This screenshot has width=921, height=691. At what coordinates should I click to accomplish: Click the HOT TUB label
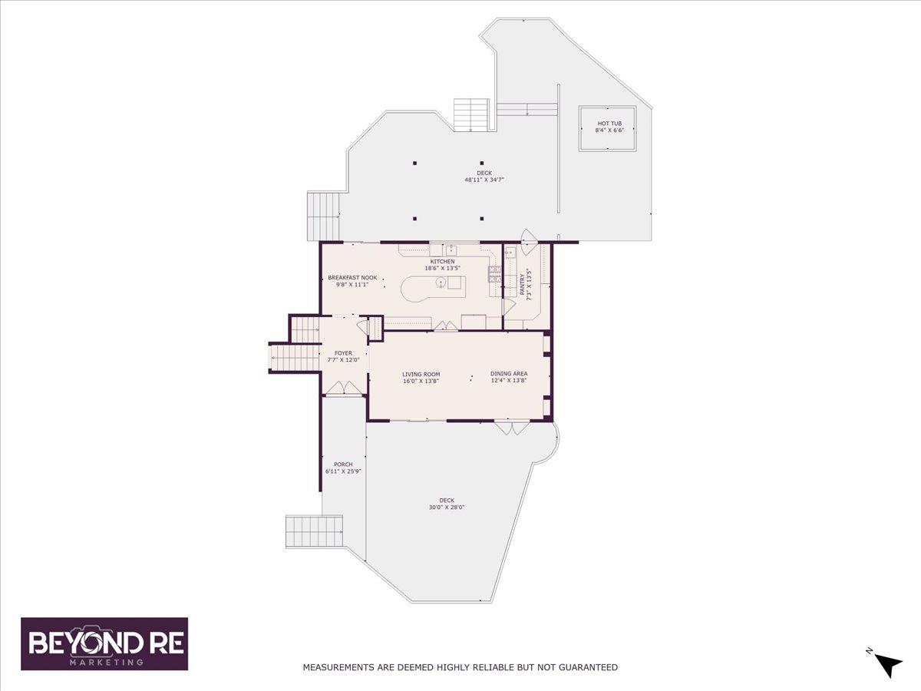(x=609, y=124)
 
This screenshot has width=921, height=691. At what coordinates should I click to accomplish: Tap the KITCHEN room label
(x=442, y=261)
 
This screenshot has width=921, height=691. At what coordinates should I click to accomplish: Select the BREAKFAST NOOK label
(x=352, y=278)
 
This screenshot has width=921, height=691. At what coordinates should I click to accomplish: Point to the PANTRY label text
(x=522, y=284)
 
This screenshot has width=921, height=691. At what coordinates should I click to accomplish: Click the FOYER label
(x=343, y=353)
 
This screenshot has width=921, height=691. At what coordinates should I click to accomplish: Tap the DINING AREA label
(x=509, y=373)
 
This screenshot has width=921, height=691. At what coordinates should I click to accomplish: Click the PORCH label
(x=343, y=465)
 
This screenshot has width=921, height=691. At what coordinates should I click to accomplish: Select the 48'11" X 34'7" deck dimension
(x=484, y=180)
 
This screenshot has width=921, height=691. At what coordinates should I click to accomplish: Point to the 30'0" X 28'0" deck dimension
(x=447, y=508)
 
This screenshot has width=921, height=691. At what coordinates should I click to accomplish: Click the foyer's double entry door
(x=344, y=388)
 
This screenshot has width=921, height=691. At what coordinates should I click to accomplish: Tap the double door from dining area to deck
(x=513, y=428)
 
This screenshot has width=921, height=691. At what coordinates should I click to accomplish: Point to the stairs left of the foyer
(x=295, y=357)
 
